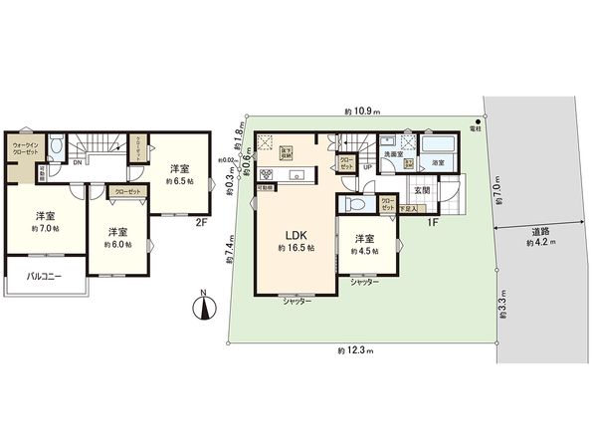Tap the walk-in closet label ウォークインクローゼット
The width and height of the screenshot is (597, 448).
(x=26, y=150)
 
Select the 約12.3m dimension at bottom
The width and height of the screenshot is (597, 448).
(x=353, y=350)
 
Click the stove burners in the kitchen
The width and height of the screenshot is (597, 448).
(x=266, y=176)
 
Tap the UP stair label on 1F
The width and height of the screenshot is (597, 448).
(x=367, y=167)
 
